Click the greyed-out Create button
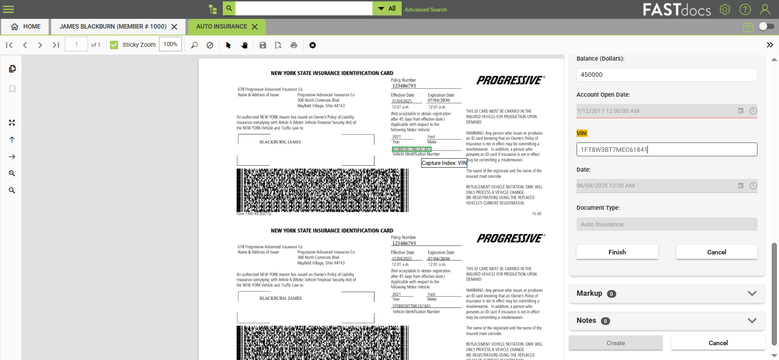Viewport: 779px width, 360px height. tap(615, 343)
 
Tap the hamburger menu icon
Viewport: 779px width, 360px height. tap(9, 9)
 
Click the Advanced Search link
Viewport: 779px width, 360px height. tap(425, 10)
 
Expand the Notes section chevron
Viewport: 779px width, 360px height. tap(752, 320)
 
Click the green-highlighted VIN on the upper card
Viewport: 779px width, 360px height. tap(412, 149)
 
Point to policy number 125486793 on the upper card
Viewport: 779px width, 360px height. tap(404, 86)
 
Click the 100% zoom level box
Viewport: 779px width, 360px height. tap(170, 44)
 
